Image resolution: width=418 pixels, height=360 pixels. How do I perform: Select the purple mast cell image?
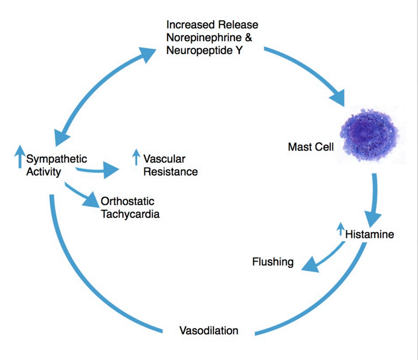tap(370, 135)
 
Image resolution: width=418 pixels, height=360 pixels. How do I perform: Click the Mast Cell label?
tap(311, 147)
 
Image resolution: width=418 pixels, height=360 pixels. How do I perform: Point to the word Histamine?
tap(369, 235)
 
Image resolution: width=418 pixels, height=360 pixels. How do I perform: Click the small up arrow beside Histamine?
tap(340, 229)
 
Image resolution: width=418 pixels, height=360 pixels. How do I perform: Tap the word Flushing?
tap(273, 262)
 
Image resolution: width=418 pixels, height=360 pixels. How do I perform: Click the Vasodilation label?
tap(209, 330)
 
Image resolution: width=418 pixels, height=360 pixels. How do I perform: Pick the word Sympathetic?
tap(57, 159)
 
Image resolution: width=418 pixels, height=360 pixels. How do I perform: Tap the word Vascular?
tap(164, 159)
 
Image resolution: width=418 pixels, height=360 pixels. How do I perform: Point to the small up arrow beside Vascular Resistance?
tap(136, 157)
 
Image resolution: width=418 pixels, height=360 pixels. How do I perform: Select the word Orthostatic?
tap(128, 201)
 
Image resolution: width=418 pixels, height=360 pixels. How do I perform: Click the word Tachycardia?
tap(130, 214)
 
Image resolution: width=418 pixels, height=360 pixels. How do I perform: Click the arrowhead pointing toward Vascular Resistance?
tap(111, 170)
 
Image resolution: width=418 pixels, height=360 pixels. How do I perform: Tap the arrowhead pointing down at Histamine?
tap(373, 217)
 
